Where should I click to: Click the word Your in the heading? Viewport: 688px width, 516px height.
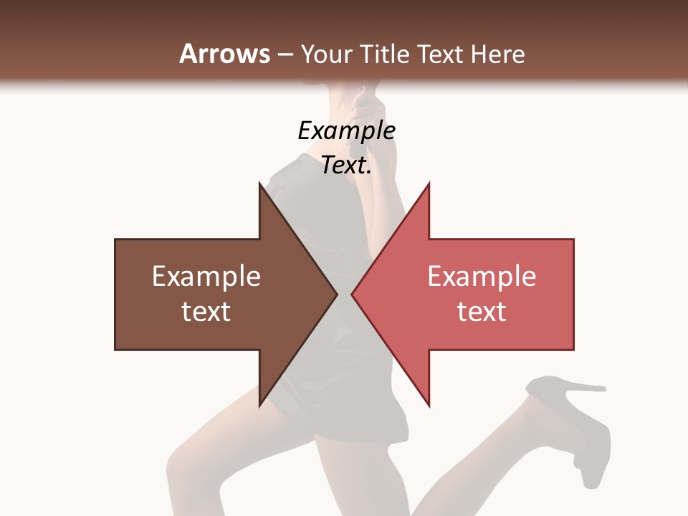point(327,54)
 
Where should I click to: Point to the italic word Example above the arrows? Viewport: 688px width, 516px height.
point(346,130)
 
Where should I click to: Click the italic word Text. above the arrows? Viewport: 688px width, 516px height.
point(346,166)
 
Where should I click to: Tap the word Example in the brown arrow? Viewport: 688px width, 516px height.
point(206,276)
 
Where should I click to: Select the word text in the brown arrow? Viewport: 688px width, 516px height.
point(206,311)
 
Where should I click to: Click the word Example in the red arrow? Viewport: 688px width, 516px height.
point(482,276)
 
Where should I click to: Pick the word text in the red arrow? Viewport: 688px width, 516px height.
point(482,311)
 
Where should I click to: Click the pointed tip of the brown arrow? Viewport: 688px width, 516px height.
point(336,294)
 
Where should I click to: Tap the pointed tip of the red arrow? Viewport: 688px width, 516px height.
point(353,294)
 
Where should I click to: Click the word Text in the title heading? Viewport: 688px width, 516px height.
point(441,54)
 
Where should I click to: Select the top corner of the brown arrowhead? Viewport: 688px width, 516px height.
point(260,184)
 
